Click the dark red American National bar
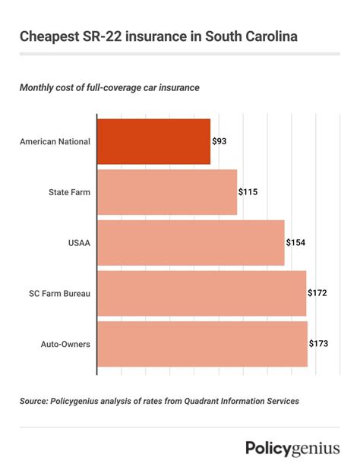(153, 141)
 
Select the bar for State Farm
(167, 192)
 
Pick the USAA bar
(191, 242)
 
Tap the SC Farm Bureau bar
(201, 293)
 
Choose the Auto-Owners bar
(202, 344)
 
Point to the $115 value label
(248, 192)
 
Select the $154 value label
(295, 243)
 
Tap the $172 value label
(317, 293)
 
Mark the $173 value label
(318, 344)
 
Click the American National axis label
(55, 142)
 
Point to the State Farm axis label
(69, 192)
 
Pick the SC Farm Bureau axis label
(61, 293)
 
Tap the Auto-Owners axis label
(65, 344)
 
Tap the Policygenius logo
(292, 449)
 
